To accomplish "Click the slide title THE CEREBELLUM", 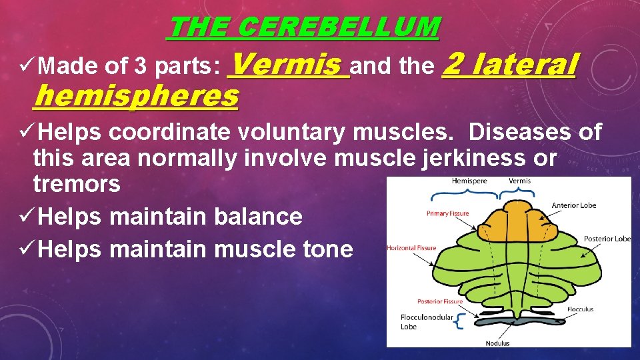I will click(x=304, y=27).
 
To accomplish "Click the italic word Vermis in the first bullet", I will click(x=289, y=65).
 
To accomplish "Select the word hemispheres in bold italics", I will click(x=136, y=97).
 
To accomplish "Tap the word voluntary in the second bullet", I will click(x=293, y=132).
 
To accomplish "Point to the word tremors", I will click(x=77, y=183).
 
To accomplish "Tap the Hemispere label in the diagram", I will click(x=469, y=181).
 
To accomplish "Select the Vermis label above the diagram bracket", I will click(x=520, y=181).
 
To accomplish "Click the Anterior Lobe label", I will click(x=574, y=205).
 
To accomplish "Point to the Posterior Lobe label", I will click(x=607, y=239).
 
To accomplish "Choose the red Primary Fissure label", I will click(x=447, y=214).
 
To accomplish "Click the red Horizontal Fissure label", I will click(x=411, y=248).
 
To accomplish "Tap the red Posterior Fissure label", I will click(x=440, y=301).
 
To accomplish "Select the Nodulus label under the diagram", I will click(x=497, y=343).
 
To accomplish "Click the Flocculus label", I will click(x=580, y=309).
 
